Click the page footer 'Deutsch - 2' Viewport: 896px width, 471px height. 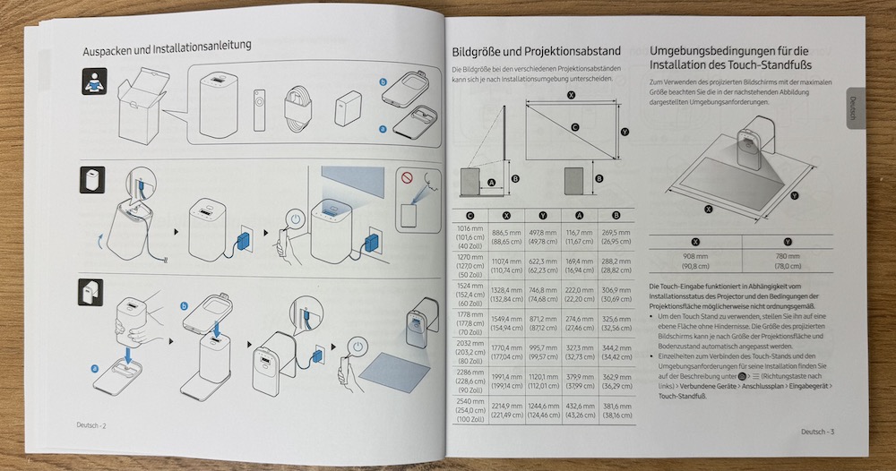pyautogui.click(x=90, y=425)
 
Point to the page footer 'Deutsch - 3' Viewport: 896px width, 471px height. pyautogui.click(x=818, y=432)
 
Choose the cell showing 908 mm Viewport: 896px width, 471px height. pyautogui.click(x=695, y=260)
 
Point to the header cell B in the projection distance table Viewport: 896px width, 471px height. pyautogui.click(x=615, y=216)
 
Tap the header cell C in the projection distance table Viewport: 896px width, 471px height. pyautogui.click(x=470, y=215)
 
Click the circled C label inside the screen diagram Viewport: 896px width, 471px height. pyautogui.click(x=573, y=127)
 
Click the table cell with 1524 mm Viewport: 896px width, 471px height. pyautogui.click(x=470, y=292)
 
